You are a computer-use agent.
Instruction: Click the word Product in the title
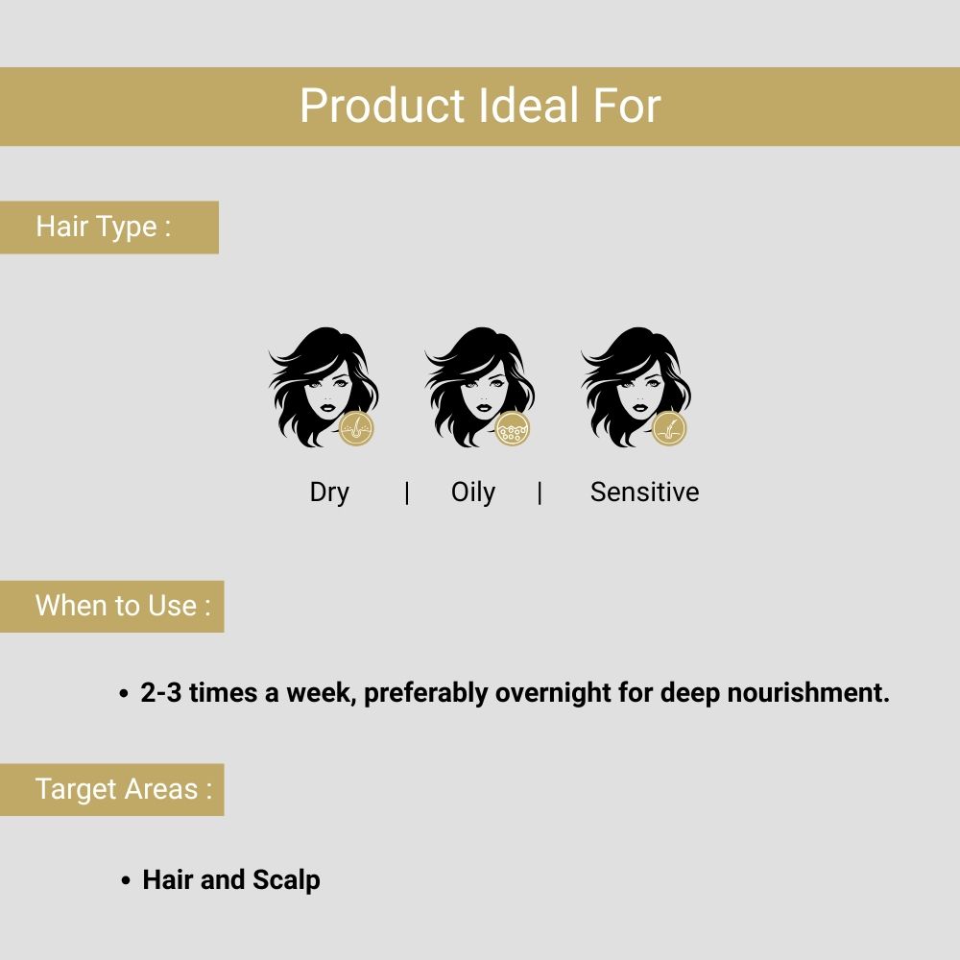[382, 106]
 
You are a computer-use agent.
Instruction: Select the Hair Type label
[104, 227]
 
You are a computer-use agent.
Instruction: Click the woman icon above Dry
[319, 384]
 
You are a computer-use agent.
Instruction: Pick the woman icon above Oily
[475, 384]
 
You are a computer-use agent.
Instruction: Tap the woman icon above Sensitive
[632, 384]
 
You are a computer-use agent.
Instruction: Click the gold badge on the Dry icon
[357, 428]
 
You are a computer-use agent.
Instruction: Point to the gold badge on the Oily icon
[514, 428]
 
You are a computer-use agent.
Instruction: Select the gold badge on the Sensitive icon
[669, 428]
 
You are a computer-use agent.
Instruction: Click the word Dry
[329, 492]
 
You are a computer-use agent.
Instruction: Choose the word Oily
[473, 492]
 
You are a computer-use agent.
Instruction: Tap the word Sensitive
[644, 492]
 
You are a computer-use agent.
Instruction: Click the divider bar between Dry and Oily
[407, 492]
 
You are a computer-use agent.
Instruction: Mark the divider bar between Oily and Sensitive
[540, 492]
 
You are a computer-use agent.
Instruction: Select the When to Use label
[122, 606]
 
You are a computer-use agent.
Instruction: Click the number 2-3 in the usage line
[161, 693]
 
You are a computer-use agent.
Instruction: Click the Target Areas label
[123, 789]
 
